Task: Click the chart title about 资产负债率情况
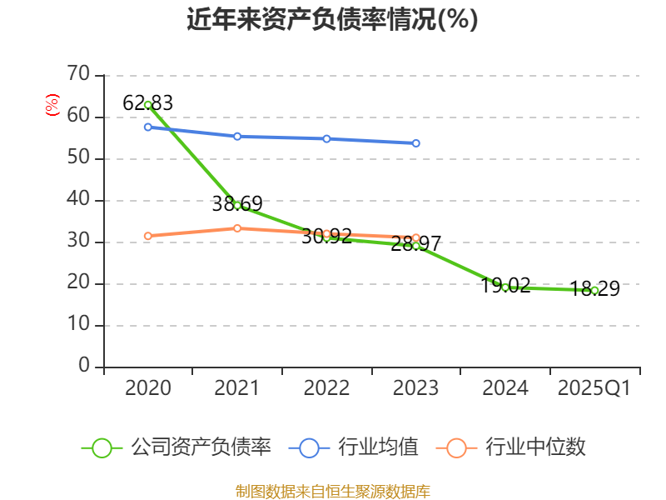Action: point(332,20)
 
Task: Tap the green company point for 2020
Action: point(147,105)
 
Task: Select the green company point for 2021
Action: point(237,205)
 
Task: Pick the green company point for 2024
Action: point(505,287)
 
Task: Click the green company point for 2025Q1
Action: point(594,290)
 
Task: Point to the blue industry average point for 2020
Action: point(147,127)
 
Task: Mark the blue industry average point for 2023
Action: point(416,143)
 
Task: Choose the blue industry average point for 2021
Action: point(237,136)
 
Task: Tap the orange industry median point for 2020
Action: point(147,236)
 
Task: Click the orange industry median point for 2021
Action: point(237,227)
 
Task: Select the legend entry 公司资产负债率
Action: point(176,447)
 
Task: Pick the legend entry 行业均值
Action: point(354,447)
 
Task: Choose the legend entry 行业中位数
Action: point(511,447)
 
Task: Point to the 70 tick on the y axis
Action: point(78,75)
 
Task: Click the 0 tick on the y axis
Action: point(84,367)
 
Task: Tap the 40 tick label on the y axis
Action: point(78,200)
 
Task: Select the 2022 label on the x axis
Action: point(326,388)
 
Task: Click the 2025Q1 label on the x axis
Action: point(594,388)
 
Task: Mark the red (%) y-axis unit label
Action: point(52,106)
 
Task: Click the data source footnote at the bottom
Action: point(332,491)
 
